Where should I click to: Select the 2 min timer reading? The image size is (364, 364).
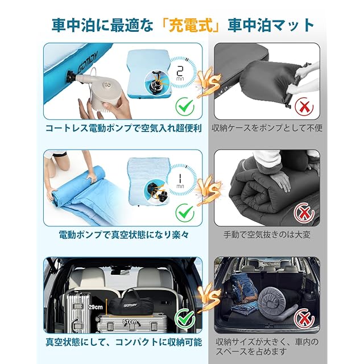tap(180, 73)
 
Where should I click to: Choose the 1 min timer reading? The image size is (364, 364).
tap(180, 181)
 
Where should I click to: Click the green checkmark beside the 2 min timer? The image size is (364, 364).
tap(185, 107)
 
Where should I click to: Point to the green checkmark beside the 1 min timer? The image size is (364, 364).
tap(185, 212)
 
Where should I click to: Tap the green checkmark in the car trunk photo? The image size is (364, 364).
tap(185, 318)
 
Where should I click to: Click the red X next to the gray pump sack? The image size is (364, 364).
tap(304, 107)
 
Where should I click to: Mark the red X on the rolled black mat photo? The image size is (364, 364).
tap(304, 213)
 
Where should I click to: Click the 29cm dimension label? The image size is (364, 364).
tap(96, 307)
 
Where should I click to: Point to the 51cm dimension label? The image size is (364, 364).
tap(130, 322)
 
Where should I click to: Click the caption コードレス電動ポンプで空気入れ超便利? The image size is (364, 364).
tap(123, 129)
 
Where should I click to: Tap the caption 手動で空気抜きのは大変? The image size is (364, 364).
tap(267, 235)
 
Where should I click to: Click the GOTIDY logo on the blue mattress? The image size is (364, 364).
tap(89, 61)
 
